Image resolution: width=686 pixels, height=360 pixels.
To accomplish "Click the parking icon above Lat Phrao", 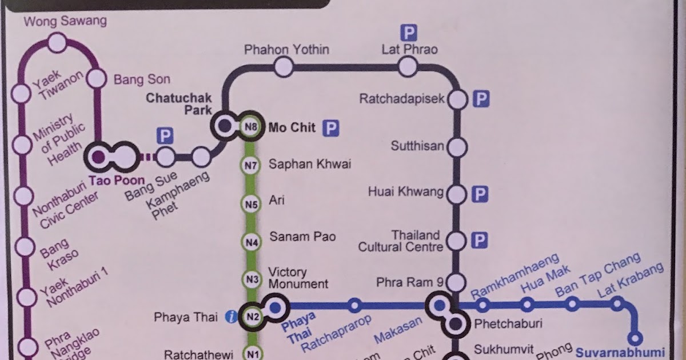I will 409,32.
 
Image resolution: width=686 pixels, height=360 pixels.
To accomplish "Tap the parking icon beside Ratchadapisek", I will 482,99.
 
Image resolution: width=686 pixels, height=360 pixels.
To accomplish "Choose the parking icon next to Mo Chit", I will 330,128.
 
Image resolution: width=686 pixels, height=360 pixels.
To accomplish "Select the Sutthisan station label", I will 417,146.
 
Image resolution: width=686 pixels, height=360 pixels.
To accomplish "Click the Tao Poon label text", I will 117,180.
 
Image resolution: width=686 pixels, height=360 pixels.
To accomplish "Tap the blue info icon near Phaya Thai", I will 232,317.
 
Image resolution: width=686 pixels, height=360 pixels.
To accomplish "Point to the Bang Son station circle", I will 97,78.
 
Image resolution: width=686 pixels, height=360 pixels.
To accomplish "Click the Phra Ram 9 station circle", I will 456,282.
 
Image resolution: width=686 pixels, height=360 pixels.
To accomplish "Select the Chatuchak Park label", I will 178,103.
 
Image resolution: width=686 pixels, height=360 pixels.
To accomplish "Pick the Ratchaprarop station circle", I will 354,306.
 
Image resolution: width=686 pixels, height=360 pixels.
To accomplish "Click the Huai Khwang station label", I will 406,193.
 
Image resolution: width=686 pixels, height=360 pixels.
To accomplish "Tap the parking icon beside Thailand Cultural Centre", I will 481,240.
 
